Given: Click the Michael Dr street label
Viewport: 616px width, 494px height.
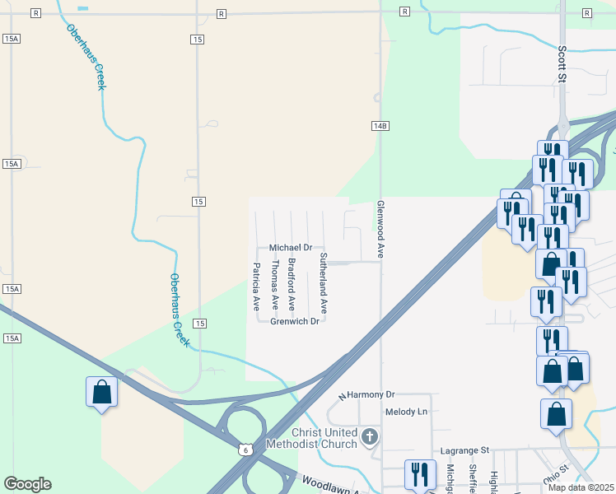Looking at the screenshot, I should tap(291, 247).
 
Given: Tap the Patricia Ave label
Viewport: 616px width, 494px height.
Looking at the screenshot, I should tap(256, 286).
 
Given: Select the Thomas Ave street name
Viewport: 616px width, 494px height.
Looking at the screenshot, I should tap(274, 286).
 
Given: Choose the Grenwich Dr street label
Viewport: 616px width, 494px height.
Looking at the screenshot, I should tap(294, 321).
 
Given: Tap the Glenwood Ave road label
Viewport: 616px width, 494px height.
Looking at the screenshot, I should tap(380, 230).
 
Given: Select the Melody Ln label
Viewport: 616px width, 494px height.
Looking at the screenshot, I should tap(407, 412).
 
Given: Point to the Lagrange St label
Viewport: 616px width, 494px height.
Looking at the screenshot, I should tap(464, 450).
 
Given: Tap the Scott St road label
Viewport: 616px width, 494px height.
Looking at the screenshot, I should tap(562, 64).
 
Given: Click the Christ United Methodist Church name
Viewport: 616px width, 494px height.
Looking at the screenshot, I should tap(324, 439).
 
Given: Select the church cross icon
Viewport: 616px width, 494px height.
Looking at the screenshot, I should tap(371, 436).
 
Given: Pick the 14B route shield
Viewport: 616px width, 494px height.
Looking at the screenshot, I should tap(380, 125).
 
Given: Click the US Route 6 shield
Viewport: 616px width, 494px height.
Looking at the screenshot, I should tap(245, 449).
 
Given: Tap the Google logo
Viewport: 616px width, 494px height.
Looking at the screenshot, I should tap(27, 484).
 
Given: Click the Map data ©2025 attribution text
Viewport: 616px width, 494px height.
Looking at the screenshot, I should tap(581, 487).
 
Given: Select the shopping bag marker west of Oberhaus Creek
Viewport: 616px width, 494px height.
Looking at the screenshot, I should tap(101, 392).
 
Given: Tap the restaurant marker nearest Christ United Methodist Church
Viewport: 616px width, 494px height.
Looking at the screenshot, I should tap(421, 474).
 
